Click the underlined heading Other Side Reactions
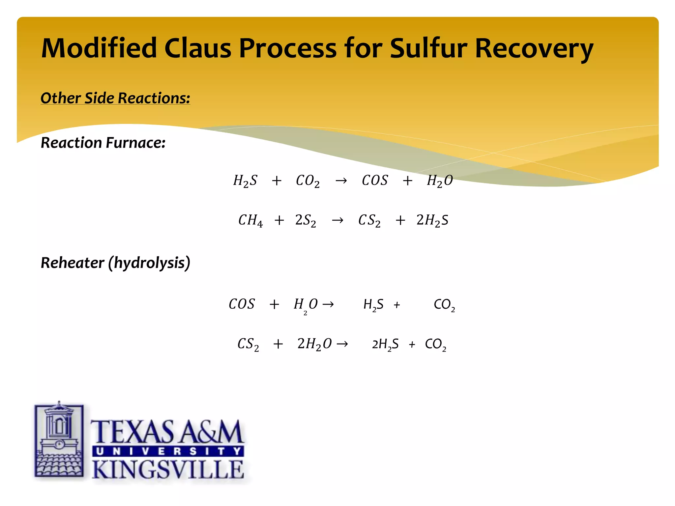[x=115, y=98]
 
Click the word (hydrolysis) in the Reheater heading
[x=152, y=263]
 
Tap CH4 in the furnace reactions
[x=250, y=220]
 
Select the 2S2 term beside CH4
[x=305, y=220]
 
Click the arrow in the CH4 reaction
[x=337, y=220]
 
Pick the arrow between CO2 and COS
[x=341, y=181]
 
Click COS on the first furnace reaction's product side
[x=375, y=181]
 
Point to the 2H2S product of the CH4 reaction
[x=432, y=220]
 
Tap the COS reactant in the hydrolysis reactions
[x=242, y=304]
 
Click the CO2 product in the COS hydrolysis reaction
[x=444, y=305]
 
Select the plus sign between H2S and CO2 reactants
[x=277, y=181]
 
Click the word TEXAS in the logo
[x=133, y=432]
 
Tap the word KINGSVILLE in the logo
[x=168, y=470]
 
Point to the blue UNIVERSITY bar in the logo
[x=168, y=451]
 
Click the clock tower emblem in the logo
[x=59, y=440]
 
